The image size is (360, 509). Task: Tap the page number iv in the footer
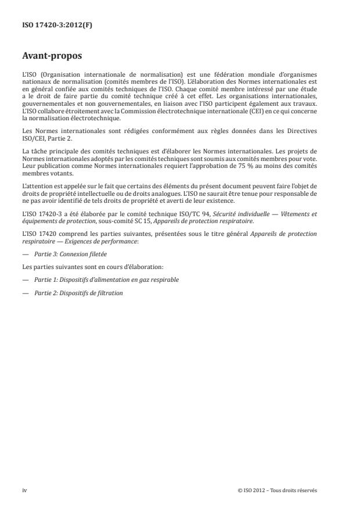point(24,490)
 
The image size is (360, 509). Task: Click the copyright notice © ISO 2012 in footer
point(278,490)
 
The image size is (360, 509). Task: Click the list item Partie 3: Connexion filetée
point(69,253)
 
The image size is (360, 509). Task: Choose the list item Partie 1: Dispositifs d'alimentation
point(106,279)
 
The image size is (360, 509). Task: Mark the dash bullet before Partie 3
point(25,253)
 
